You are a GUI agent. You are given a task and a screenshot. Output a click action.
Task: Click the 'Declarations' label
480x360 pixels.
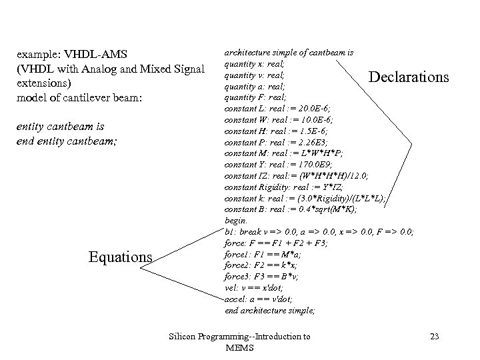pos(409,77)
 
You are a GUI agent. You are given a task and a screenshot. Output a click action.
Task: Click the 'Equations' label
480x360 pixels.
pos(121,256)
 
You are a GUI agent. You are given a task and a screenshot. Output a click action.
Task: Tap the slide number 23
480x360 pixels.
pos(434,337)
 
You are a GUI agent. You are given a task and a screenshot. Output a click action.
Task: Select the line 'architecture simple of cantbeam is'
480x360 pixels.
pos(289,52)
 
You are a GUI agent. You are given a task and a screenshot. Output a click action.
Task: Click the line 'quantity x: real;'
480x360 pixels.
pos(255,63)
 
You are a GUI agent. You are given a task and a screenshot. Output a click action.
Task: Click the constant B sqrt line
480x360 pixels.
pos(291,209)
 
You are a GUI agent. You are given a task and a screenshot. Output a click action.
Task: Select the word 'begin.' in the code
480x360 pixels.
pos(237,220)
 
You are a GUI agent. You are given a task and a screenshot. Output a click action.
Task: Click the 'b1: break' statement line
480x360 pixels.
pos(319,231)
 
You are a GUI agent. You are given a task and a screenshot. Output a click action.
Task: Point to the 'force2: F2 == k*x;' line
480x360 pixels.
pos(261,265)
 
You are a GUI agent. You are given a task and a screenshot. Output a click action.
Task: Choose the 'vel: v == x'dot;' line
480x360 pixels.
pos(254,287)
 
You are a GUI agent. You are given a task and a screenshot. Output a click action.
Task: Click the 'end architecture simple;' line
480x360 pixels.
pos(270,310)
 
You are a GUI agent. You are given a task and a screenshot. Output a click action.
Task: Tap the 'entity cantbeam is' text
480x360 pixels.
pos(61,126)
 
